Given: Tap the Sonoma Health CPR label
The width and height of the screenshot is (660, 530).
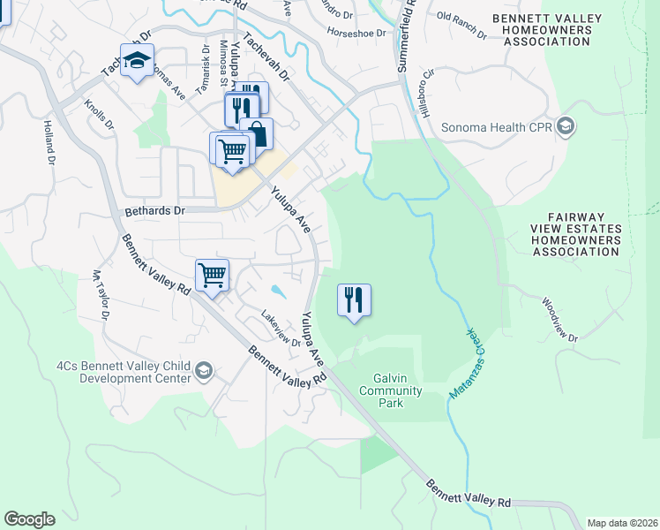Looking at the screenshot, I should tap(497, 126).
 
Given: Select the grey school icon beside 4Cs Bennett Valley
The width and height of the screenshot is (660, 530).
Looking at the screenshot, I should tap(205, 369).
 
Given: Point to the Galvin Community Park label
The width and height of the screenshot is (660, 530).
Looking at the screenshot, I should tap(391, 390).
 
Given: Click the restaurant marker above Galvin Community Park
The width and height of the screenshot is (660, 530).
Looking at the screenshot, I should tap(354, 300).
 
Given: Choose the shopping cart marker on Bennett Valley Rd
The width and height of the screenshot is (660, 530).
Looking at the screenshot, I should tap(213, 276).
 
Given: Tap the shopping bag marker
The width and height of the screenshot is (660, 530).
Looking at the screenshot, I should tap(257, 134).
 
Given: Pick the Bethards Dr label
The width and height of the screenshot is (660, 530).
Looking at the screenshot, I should tap(154, 211).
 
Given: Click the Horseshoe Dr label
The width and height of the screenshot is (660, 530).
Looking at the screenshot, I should tap(356, 33).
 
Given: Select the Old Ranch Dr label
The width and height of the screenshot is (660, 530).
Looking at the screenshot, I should tap(461, 24).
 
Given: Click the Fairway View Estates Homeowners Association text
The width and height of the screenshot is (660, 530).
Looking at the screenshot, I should tap(583, 234).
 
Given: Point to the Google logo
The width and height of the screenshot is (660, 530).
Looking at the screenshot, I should tap(29, 519).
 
